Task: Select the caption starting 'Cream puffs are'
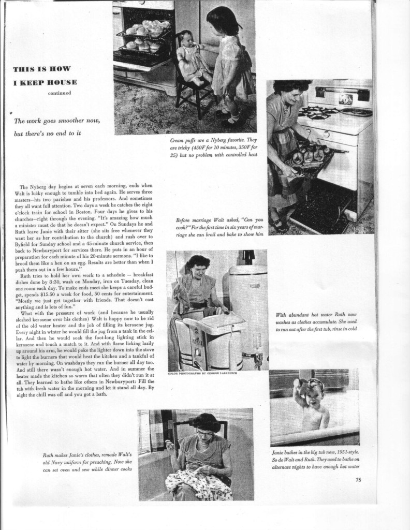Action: tap(214, 148)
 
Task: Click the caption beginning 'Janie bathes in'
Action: tap(315, 459)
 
